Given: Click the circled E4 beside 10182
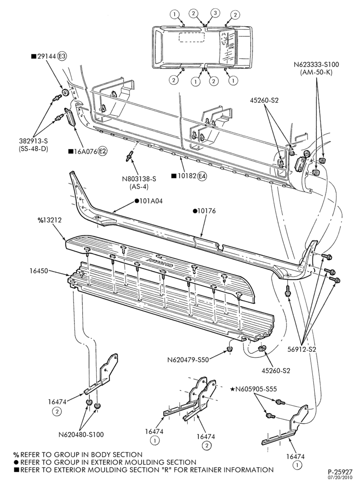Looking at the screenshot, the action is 202,176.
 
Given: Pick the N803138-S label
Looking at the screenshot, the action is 139,179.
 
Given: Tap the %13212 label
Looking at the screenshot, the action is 50,220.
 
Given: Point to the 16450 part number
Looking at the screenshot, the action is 39,271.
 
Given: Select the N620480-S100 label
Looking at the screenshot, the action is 81,434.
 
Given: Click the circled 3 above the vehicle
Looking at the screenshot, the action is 216,13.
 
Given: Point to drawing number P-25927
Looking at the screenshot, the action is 340,472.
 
